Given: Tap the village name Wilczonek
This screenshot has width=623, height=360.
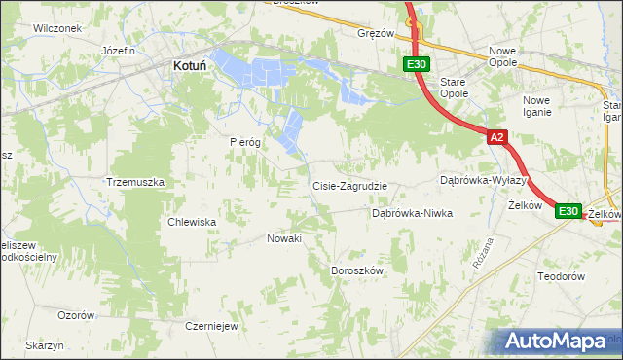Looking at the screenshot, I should [x=56, y=28].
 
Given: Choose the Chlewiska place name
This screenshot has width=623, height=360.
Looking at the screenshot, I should [x=192, y=222].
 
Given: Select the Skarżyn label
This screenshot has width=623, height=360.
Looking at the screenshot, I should [x=45, y=346].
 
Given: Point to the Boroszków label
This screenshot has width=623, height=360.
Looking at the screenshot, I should [x=358, y=270].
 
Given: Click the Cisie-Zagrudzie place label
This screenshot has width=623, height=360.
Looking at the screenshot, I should [x=349, y=186].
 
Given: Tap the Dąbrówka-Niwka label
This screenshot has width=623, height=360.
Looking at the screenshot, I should [x=413, y=213].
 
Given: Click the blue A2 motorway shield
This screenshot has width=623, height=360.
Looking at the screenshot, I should [x=496, y=138].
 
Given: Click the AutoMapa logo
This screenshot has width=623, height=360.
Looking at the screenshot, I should [x=557, y=341].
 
